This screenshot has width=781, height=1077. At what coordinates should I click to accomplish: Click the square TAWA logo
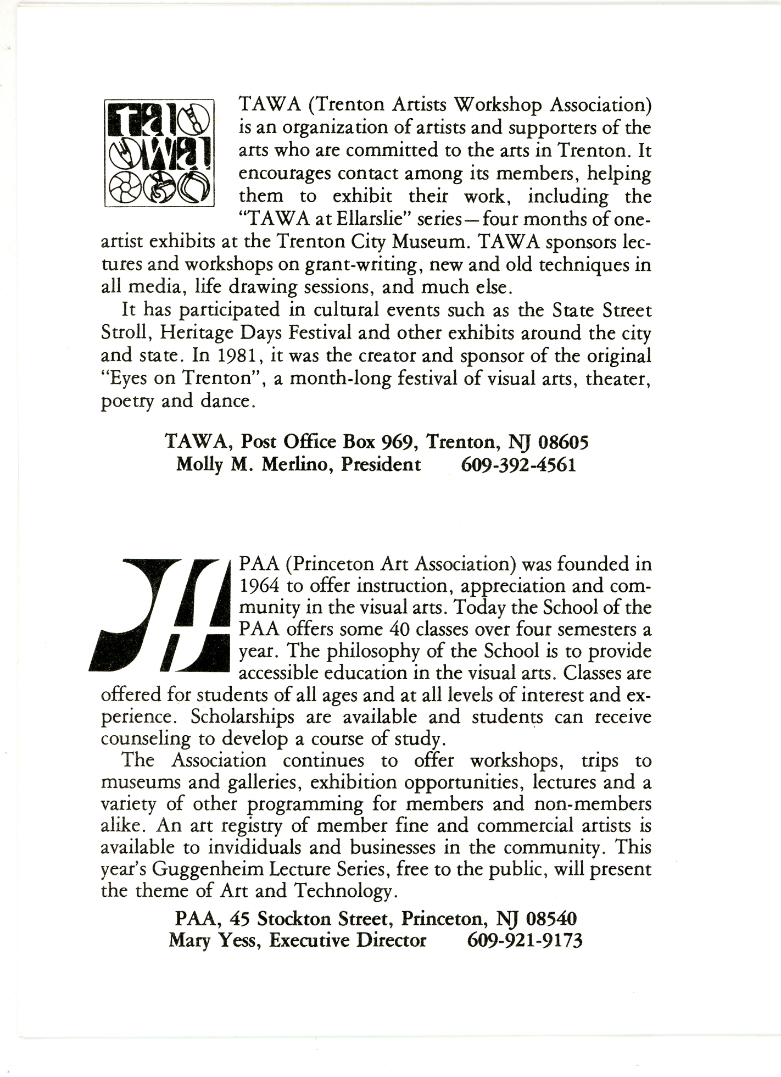pos(159,153)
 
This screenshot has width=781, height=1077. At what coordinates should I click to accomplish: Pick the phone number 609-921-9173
pos(525,940)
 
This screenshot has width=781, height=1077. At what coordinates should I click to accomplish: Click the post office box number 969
pos(397,442)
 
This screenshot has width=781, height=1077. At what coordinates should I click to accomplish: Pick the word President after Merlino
pos(381,465)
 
